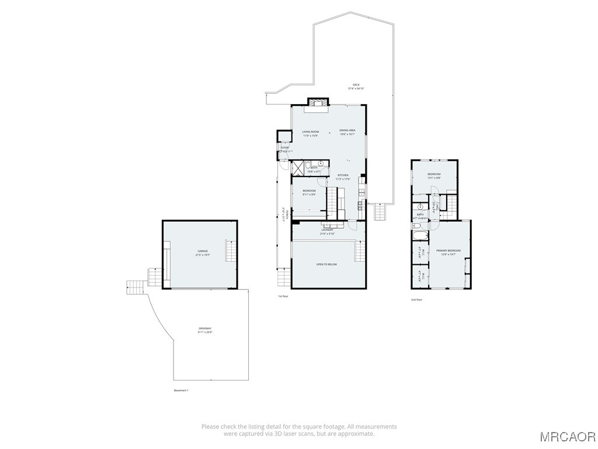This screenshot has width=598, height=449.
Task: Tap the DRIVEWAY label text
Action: [x=204, y=330]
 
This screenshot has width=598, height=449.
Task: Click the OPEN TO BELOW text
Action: [x=326, y=264]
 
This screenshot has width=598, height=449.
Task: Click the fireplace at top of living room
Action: [x=318, y=103]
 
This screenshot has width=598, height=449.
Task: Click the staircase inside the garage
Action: [x=231, y=252]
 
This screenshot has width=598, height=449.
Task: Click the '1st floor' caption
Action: [x=283, y=296]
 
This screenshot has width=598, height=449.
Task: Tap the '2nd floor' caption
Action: [x=416, y=299]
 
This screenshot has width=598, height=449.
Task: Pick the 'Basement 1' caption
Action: [x=182, y=390]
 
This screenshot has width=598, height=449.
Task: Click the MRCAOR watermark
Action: [x=567, y=437]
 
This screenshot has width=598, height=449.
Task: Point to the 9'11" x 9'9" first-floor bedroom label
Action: [x=309, y=192]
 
